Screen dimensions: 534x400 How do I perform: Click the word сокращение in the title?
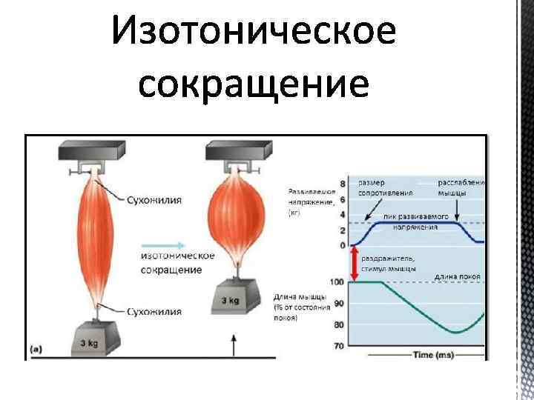pyautogui.click(x=253, y=84)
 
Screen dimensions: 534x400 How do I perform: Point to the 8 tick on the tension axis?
pyautogui.click(x=342, y=184)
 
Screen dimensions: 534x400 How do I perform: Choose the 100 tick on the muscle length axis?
pyautogui.click(x=337, y=282)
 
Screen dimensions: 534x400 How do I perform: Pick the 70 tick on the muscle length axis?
pyautogui.click(x=340, y=345)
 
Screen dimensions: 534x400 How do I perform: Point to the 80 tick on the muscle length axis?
pyautogui.click(x=340, y=325)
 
